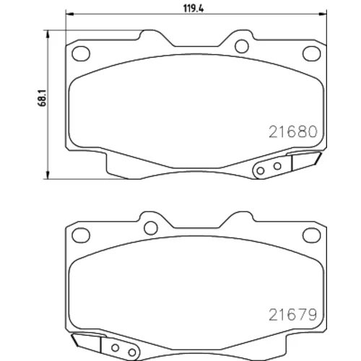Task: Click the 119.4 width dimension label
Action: click(193, 9)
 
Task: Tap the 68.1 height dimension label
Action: click(42, 98)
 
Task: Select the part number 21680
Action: click(293, 132)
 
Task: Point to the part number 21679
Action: click(292, 315)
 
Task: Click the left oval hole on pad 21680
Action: click(81, 53)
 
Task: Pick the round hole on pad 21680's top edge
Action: click(242, 46)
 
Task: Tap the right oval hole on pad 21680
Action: click(312, 53)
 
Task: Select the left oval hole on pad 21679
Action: click(81, 235)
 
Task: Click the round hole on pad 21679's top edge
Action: click(151, 227)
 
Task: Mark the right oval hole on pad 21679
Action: click(312, 235)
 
